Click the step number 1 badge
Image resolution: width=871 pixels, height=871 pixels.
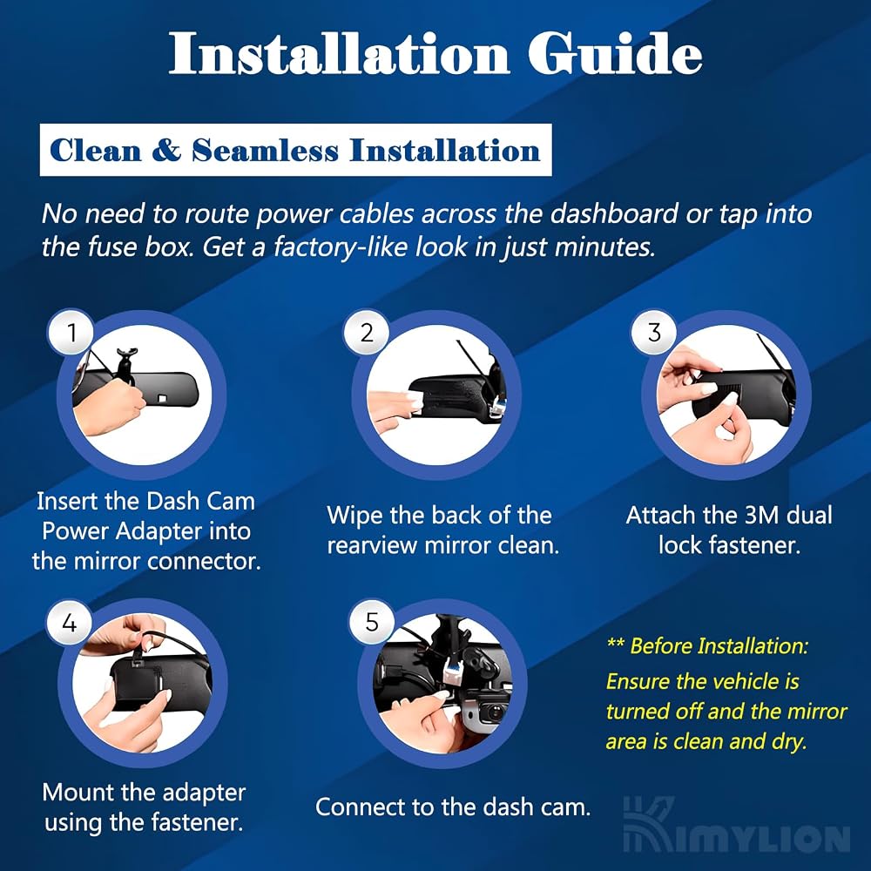pyautogui.click(x=71, y=333)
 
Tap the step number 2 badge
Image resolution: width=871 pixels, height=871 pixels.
pyautogui.click(x=367, y=333)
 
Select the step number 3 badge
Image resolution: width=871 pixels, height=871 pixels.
pyautogui.click(x=654, y=333)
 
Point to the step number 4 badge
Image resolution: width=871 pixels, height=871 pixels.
pyautogui.click(x=70, y=622)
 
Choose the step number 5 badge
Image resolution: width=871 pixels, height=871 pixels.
pyautogui.click(x=372, y=622)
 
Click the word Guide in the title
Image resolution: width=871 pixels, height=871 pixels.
pyautogui.click(x=615, y=53)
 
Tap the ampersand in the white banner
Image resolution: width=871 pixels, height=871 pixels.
pyautogui.click(x=166, y=150)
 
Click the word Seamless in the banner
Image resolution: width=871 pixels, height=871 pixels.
pyautogui.click(x=265, y=150)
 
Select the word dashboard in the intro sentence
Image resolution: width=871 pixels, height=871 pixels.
pyautogui.click(x=614, y=214)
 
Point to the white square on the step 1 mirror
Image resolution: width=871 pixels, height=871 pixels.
pyautogui.click(x=164, y=398)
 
